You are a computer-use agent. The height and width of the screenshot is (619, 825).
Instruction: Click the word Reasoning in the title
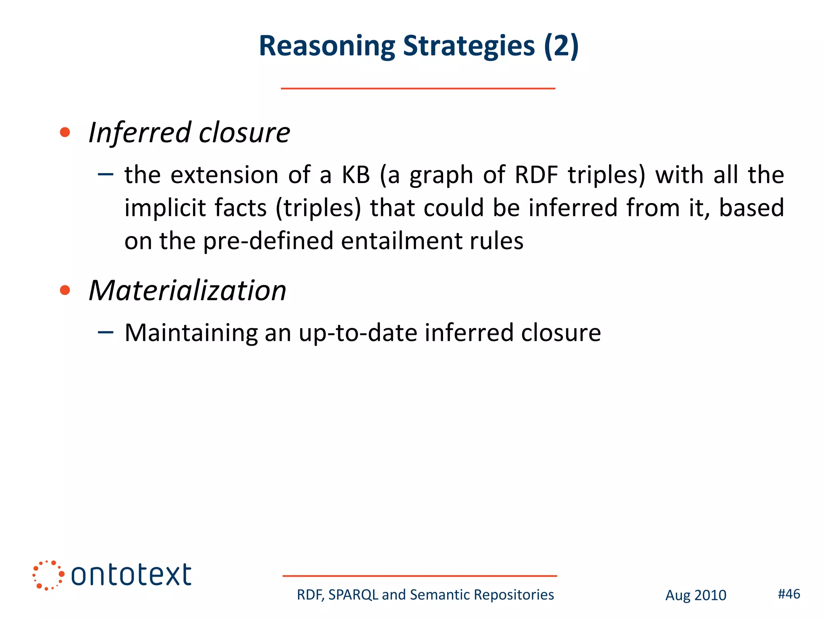point(327,46)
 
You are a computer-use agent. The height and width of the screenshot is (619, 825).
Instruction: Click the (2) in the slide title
point(561,46)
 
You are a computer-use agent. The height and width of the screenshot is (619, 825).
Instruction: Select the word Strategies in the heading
point(469,46)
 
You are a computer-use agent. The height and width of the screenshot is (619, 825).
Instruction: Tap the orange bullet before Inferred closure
point(65,132)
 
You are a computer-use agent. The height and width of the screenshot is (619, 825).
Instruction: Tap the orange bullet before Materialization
point(65,290)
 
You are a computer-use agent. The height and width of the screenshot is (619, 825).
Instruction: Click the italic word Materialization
point(187,290)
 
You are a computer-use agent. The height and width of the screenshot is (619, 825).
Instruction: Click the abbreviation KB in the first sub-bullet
point(356,175)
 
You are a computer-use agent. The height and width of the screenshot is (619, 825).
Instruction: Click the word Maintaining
point(191,333)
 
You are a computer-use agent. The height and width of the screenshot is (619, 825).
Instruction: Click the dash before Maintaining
point(106,332)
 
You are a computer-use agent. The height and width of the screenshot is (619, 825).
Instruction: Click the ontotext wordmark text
point(131,575)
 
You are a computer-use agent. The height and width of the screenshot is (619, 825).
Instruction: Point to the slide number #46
point(789,594)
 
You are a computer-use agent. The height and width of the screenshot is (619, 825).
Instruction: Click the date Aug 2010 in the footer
point(696,595)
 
